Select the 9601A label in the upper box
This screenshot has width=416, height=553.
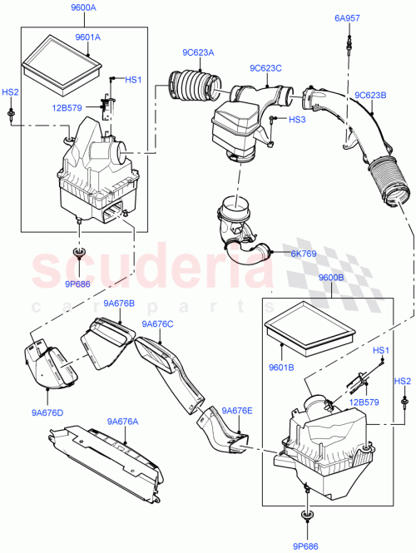point(87,37)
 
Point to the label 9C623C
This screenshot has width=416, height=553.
point(265,68)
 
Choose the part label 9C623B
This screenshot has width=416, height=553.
point(371,95)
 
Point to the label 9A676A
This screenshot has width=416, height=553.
point(122,422)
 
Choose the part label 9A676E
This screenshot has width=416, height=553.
point(239,410)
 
